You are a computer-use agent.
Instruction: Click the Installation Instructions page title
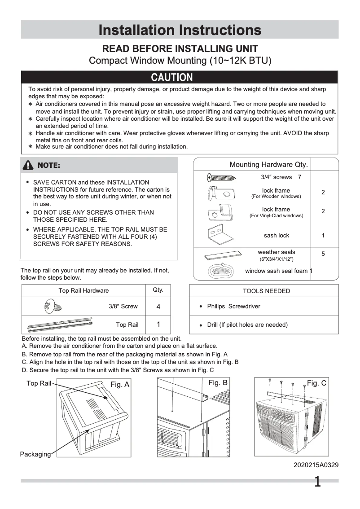pyautogui.click(x=180, y=30)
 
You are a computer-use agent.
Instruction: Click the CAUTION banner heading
pyautogui.click(x=172, y=77)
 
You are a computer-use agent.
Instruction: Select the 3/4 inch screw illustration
pyautogui.click(x=222, y=177)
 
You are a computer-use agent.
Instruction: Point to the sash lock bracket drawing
pyautogui.click(x=218, y=235)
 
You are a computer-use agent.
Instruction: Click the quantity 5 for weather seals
pyautogui.click(x=323, y=254)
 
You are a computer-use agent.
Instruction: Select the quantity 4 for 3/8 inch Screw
pyautogui.click(x=158, y=307)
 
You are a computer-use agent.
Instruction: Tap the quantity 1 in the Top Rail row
pyautogui.click(x=158, y=324)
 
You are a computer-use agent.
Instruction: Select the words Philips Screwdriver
pyautogui.click(x=233, y=307)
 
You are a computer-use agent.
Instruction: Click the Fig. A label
pyautogui.click(x=120, y=384)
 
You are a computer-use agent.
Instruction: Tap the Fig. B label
pyautogui.click(x=218, y=382)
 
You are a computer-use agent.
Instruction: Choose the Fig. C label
pyautogui.click(x=316, y=383)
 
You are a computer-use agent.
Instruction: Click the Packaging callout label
pyautogui.click(x=35, y=454)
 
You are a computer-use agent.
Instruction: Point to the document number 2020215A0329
pyautogui.click(x=316, y=465)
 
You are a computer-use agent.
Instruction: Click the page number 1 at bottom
pyautogui.click(x=317, y=482)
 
